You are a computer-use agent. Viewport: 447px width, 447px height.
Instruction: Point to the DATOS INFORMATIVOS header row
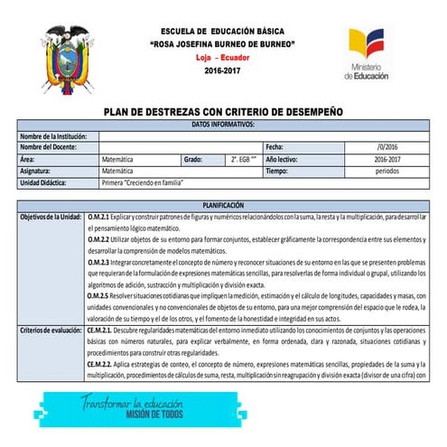tap(223, 123)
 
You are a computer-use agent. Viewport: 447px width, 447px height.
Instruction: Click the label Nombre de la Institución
tap(53, 135)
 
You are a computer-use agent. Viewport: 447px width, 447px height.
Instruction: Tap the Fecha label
tap(274, 146)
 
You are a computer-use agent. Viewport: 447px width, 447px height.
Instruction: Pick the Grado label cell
tap(192, 158)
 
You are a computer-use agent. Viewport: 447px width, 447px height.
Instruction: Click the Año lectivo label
tap(283, 158)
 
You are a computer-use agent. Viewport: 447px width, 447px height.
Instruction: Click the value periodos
tap(387, 170)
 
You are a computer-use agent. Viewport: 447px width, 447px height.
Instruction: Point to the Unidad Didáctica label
tap(47, 182)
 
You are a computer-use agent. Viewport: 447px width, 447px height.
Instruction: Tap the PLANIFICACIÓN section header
tap(223, 206)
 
